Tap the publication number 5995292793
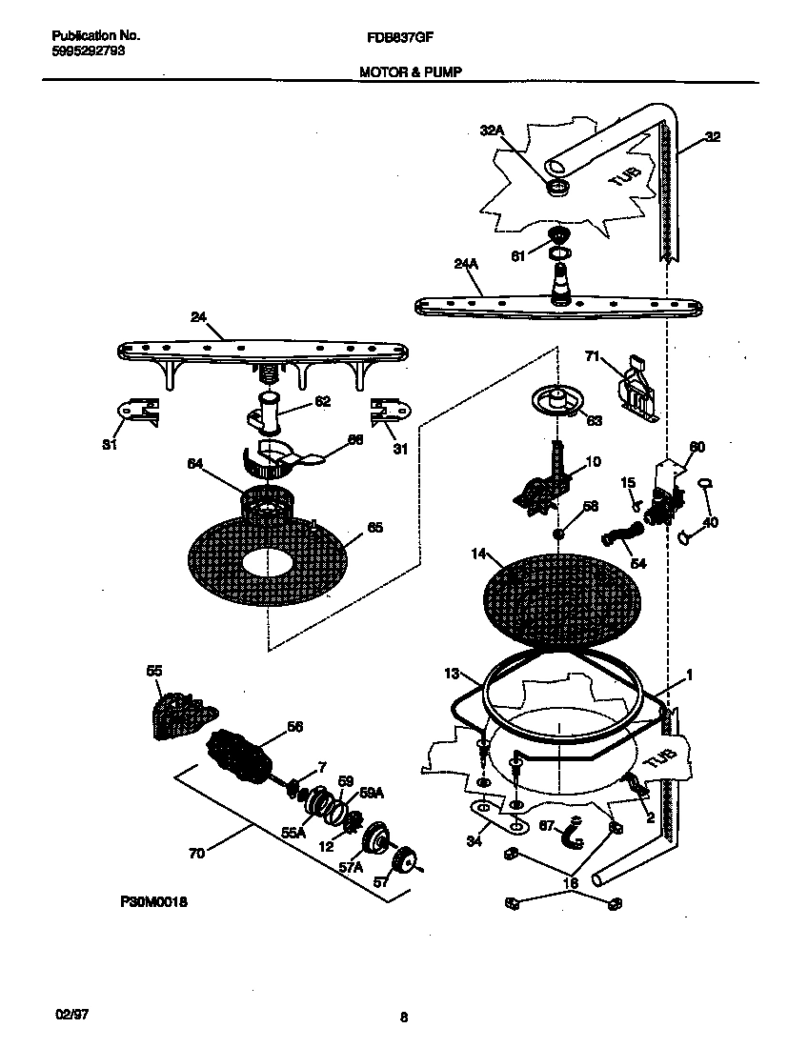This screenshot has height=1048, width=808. (87, 51)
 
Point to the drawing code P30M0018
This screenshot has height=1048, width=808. (153, 901)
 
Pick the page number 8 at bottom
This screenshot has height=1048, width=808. (404, 1018)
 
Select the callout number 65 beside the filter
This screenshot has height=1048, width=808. (374, 528)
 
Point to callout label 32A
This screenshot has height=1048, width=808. (492, 131)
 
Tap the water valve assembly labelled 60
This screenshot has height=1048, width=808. (668, 490)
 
